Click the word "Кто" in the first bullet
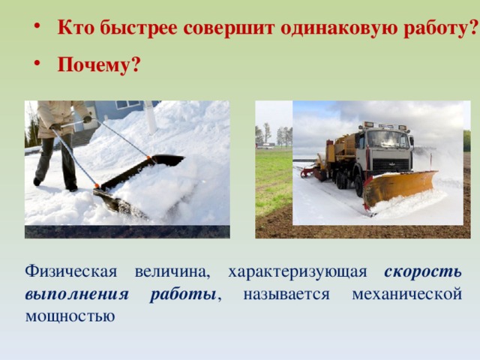tap(73, 28)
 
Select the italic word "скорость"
tap(422, 271)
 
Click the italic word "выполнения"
tap(76, 293)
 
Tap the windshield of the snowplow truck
tap(387, 140)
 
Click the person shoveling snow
tap(60, 139)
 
